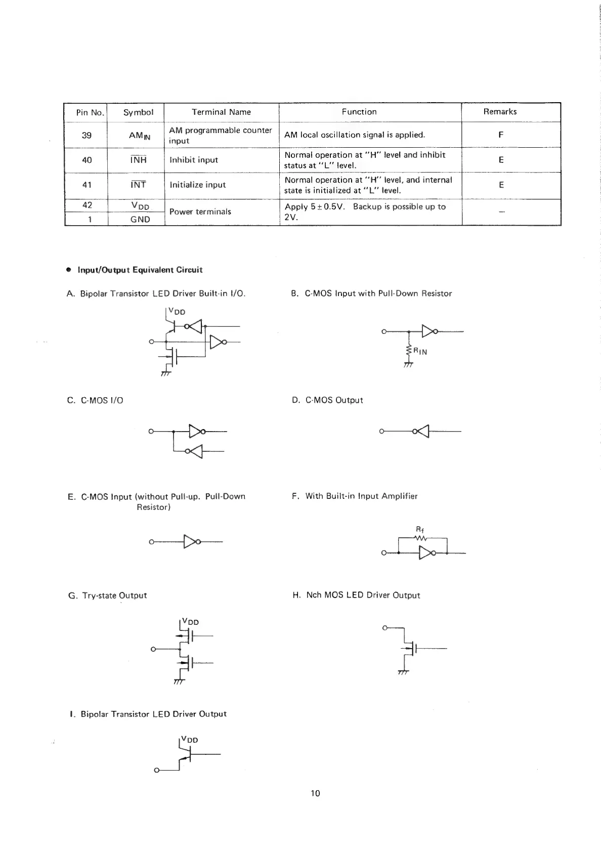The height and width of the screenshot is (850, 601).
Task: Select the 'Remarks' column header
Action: (500, 112)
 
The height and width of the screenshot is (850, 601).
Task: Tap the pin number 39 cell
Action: (87, 135)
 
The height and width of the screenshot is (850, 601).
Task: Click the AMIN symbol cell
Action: (139, 135)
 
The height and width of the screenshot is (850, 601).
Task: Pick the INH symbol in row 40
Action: (138, 160)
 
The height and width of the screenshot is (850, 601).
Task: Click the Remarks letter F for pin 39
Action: (501, 135)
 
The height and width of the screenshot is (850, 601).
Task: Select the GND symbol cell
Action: (140, 220)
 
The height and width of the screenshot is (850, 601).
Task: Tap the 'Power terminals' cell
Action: (200, 211)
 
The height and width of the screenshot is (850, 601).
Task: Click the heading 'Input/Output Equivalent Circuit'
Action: (140, 270)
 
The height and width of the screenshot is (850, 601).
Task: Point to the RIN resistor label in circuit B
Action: (420, 352)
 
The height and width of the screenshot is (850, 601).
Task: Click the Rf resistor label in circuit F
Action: (419, 529)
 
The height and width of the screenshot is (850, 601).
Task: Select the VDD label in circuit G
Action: (190, 622)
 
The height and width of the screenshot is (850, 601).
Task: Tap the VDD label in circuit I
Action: (190, 740)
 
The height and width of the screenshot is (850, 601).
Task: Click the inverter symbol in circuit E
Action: (191, 542)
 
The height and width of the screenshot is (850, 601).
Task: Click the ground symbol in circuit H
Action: (403, 673)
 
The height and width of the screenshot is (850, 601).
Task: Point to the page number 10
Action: (315, 793)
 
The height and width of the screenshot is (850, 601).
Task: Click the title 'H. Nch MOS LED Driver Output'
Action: (356, 596)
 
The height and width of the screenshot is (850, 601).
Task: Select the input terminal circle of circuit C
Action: (151, 432)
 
